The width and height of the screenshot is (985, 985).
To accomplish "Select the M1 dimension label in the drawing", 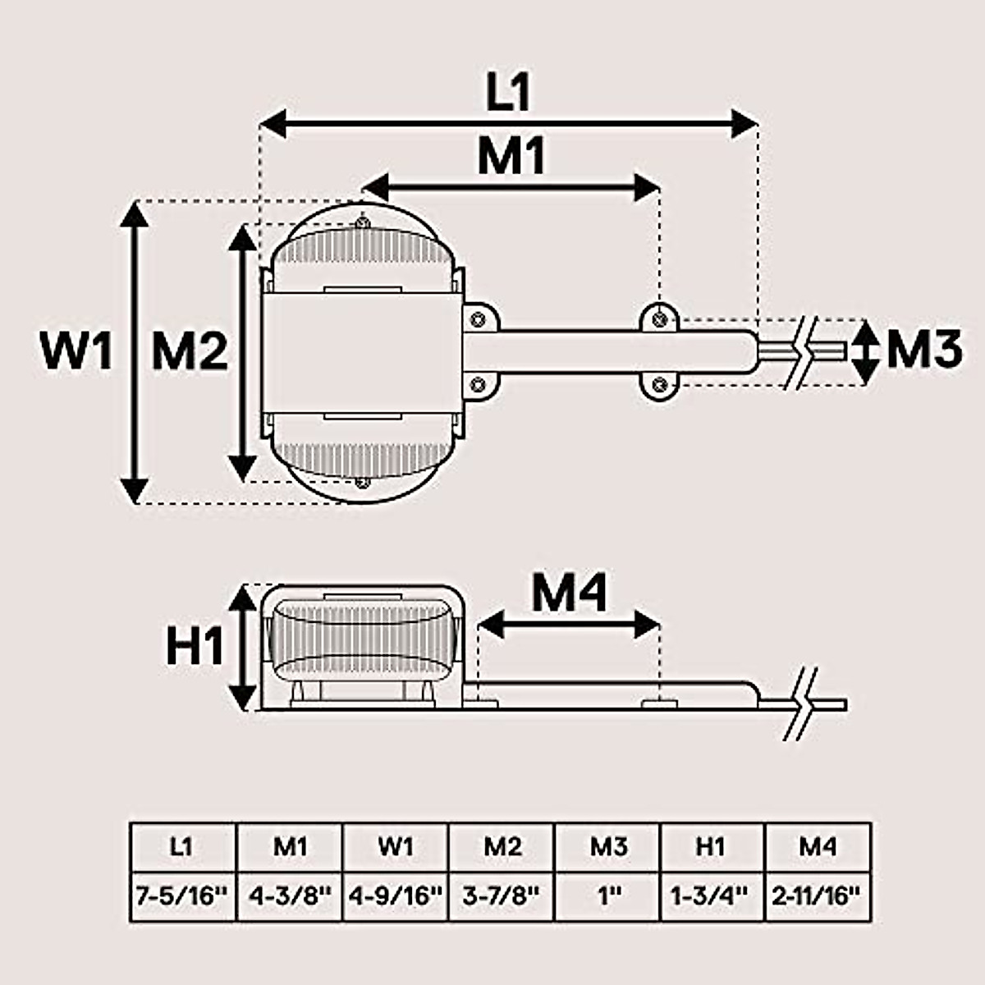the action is (x=511, y=155).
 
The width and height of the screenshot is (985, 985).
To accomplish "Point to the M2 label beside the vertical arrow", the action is (x=189, y=352).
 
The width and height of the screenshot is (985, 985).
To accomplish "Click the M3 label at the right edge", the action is (x=923, y=350).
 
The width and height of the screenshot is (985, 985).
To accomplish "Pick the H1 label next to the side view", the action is (x=195, y=646).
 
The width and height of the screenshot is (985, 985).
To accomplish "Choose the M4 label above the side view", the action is (x=569, y=593).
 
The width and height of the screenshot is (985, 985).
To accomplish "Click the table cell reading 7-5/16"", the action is (x=182, y=896).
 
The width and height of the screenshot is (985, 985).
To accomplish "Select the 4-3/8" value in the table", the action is (x=289, y=896).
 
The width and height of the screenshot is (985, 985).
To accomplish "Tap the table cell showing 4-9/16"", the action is (x=396, y=896).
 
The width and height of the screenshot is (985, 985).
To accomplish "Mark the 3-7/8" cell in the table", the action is (x=502, y=896).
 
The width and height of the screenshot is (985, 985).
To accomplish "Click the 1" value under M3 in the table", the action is (x=607, y=896).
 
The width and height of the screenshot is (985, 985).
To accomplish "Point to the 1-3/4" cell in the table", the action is (x=712, y=896).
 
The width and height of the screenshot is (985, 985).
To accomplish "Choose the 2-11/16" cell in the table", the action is (x=818, y=896).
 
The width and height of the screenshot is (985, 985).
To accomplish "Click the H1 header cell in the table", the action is (x=712, y=846).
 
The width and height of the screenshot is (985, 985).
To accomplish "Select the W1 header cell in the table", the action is (x=396, y=846).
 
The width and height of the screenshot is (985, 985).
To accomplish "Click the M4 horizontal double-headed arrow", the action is (x=569, y=625).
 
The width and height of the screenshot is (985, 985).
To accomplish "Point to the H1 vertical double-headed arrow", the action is (x=242, y=646).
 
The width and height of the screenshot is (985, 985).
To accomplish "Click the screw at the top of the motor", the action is (x=362, y=221).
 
